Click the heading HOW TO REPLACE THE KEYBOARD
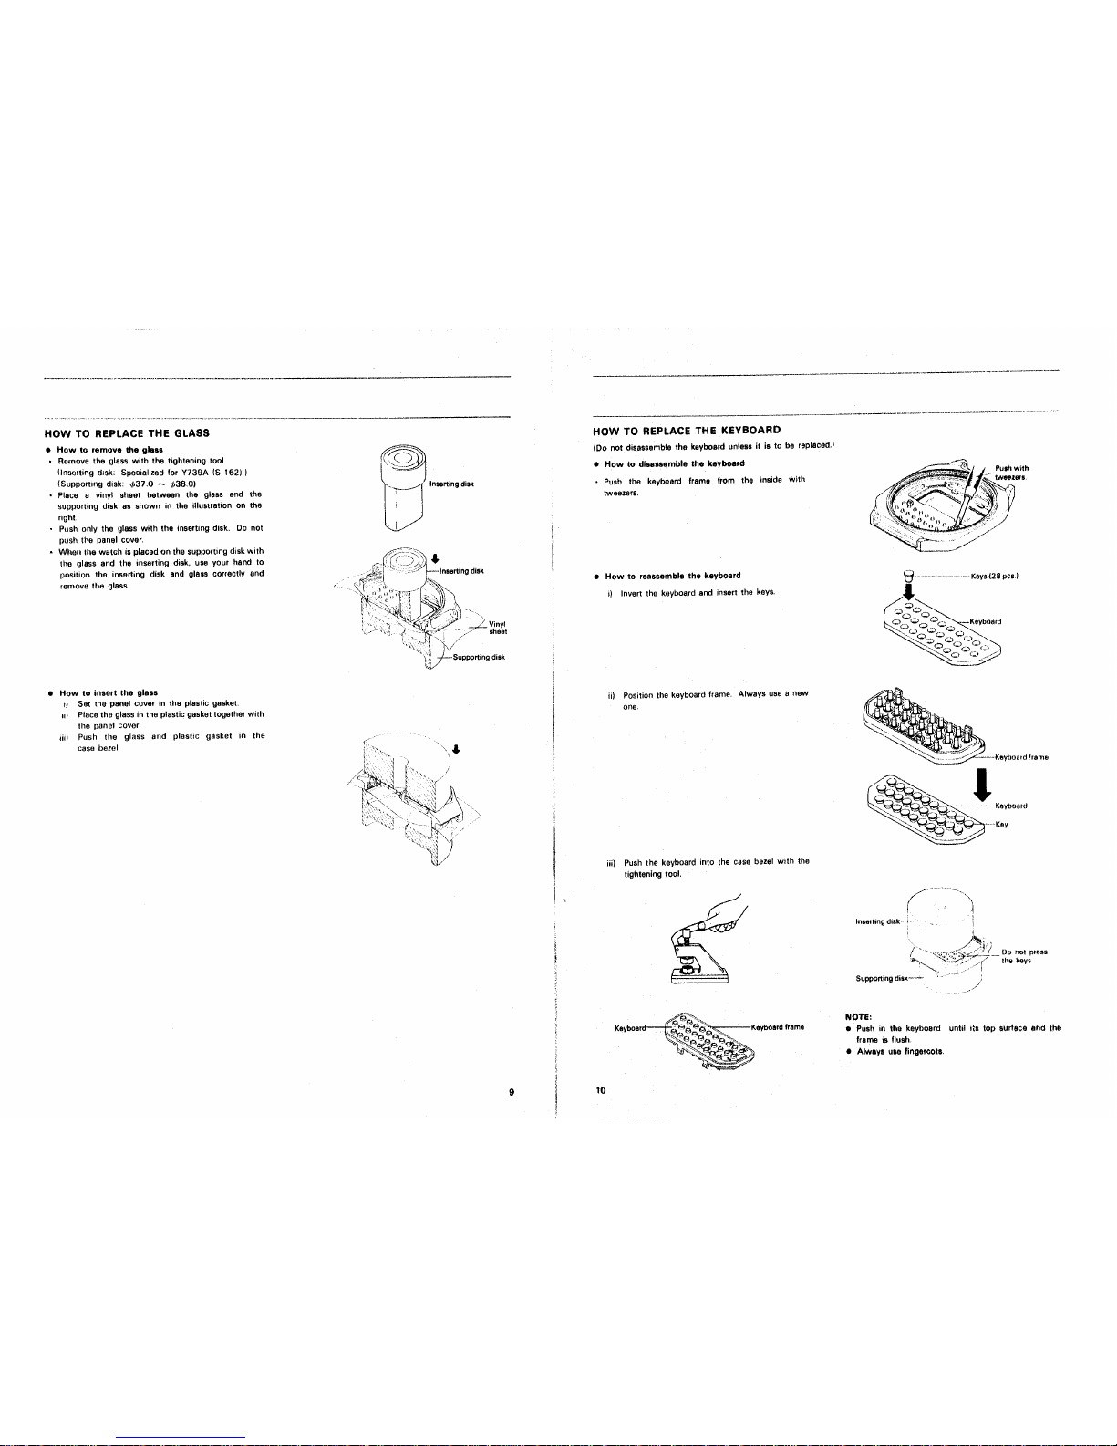687,430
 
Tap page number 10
600,1088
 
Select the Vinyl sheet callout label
498,628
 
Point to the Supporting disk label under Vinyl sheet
474,657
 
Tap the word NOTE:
859,1014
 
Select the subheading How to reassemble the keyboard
672,576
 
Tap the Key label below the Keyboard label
1000,824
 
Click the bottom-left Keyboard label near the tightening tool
633,1027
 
